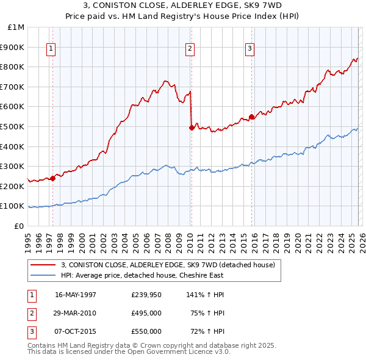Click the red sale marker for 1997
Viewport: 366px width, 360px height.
(x=53, y=178)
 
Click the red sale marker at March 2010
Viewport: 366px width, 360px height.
(x=192, y=128)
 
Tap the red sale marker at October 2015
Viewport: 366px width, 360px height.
(x=251, y=117)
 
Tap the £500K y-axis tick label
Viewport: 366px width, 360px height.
(x=14, y=127)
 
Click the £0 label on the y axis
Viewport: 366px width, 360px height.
(x=19, y=226)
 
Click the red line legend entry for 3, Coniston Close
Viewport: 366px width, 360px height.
(x=168, y=265)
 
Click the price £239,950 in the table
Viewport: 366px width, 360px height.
(x=146, y=295)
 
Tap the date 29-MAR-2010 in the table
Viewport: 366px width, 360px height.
(x=76, y=313)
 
